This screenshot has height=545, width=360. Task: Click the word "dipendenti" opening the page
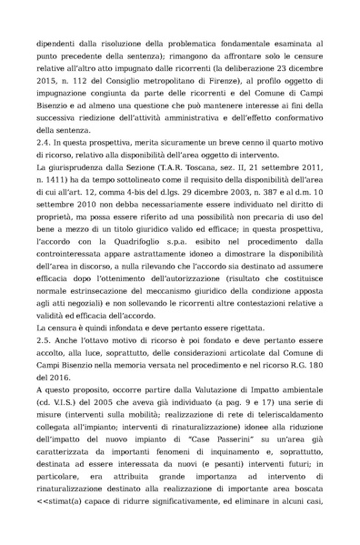tap(54, 43)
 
